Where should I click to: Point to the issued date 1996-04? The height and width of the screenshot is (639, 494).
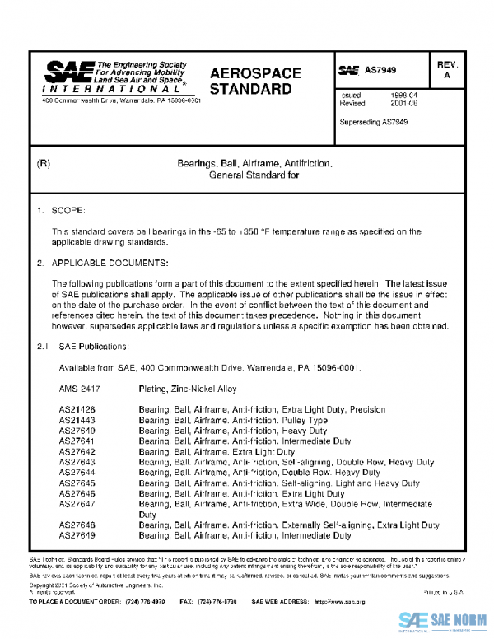402,96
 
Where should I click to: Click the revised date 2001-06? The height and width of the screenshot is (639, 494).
402,104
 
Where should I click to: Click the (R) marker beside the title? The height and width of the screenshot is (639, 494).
44,165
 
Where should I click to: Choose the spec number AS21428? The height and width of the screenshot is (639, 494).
77,409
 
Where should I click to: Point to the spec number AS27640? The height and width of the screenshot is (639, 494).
77,431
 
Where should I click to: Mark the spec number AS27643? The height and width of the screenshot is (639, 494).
77,463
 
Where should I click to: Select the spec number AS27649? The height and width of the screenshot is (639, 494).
77,535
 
